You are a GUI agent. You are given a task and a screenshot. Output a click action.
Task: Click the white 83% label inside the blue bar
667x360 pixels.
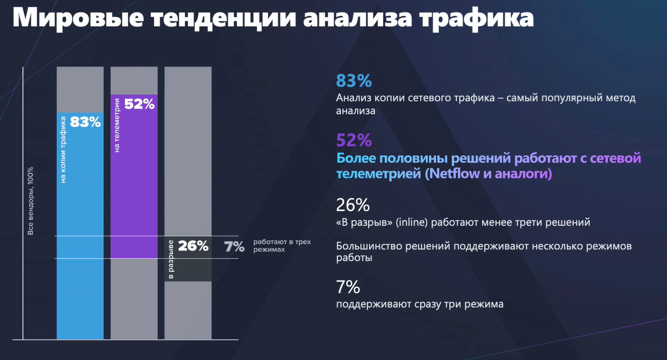85,122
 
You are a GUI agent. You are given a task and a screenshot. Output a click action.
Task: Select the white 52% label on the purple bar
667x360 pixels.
139,104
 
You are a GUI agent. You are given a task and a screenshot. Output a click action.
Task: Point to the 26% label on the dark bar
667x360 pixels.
193,246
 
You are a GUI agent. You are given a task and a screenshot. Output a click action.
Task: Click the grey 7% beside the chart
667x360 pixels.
234,247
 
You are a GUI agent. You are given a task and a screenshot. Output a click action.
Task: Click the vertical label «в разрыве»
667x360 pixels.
171,260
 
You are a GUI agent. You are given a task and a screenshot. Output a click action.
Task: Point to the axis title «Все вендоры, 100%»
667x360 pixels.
31,201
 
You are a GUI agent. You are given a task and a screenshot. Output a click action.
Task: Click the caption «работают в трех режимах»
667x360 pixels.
282,246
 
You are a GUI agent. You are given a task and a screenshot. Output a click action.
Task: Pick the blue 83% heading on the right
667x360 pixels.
354,80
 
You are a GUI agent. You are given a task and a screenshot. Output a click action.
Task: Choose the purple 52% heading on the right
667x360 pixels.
354,140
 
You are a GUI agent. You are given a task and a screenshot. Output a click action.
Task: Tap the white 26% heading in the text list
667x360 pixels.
353,205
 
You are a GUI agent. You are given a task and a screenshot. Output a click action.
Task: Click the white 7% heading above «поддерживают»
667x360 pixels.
348,287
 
